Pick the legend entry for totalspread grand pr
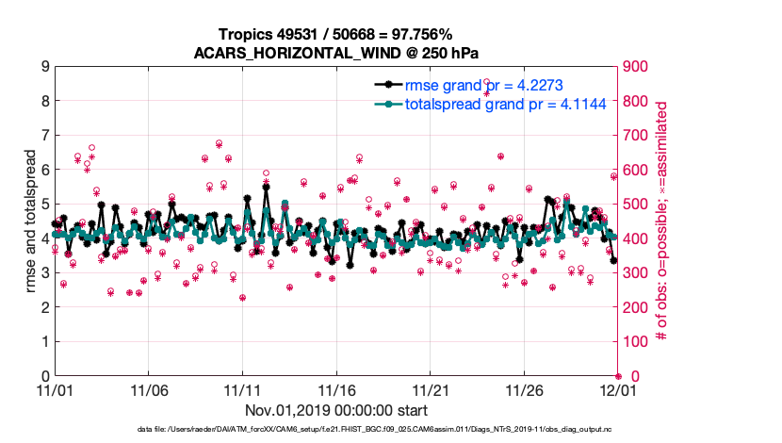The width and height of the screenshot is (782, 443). [x=505, y=103]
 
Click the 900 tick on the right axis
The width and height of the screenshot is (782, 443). [x=638, y=67]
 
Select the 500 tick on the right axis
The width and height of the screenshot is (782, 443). [x=638, y=205]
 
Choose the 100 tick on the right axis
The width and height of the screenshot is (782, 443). [x=638, y=342]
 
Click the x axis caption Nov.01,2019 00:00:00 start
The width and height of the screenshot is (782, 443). [x=336, y=410]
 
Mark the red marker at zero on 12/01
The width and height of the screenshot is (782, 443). [x=617, y=376]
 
